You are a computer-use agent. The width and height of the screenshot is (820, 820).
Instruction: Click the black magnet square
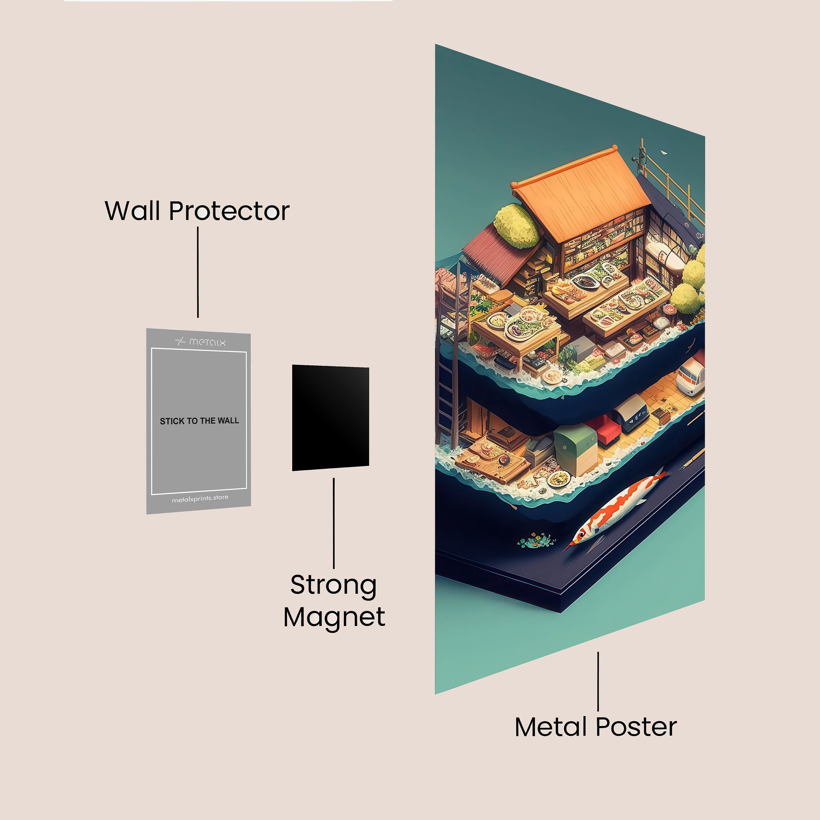(330, 418)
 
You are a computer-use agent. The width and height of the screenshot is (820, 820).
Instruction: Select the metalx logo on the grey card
(200, 341)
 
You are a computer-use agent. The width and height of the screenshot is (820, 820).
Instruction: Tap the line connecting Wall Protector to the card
(198, 272)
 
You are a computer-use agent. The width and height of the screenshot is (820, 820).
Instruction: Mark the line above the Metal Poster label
(598, 681)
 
